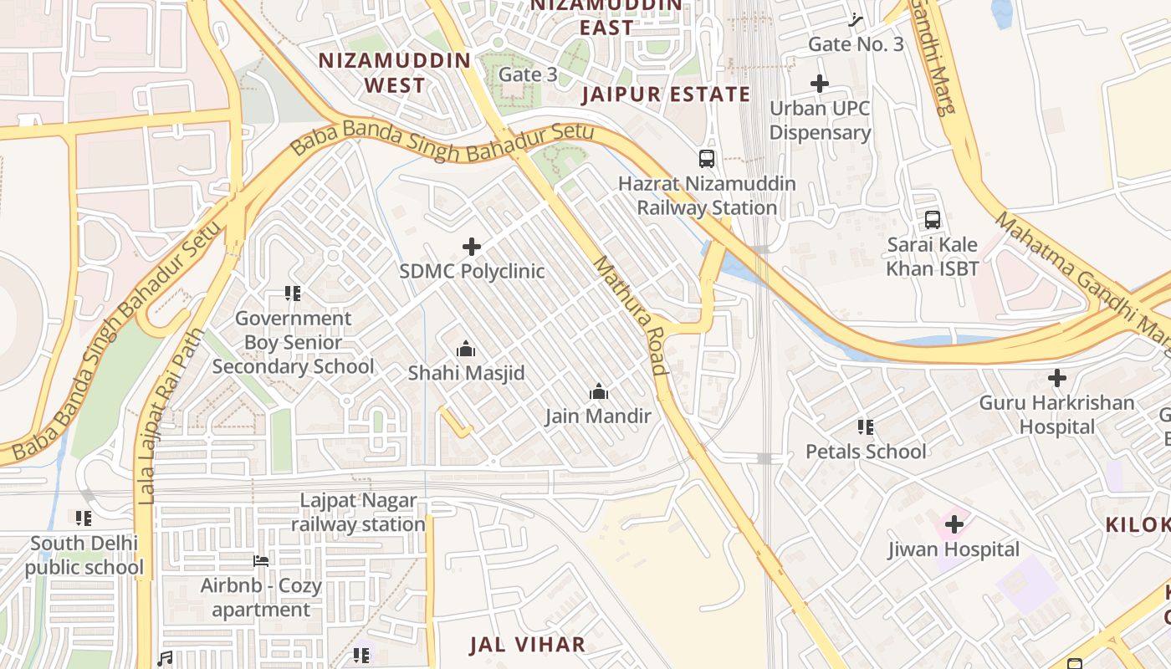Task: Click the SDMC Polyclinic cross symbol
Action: [x=472, y=247]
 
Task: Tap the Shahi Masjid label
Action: [x=466, y=373]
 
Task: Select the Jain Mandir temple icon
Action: [x=598, y=391]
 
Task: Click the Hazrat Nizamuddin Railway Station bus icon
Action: [x=707, y=159]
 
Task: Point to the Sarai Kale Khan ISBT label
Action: [x=933, y=257]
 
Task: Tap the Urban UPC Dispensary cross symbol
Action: [x=820, y=84]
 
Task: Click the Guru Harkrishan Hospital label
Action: [x=1057, y=415]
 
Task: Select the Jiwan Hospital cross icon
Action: [x=954, y=525]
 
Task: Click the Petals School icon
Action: [x=866, y=427]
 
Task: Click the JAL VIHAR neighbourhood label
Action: [x=527, y=645]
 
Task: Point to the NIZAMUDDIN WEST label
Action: [x=396, y=73]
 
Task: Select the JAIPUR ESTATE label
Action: [x=666, y=94]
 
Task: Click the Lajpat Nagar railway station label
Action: [x=359, y=513]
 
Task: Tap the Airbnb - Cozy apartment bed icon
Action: [x=261, y=561]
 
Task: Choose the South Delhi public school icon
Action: [x=84, y=518]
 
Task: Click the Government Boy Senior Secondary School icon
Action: [x=292, y=294]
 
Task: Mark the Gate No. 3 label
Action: [x=856, y=44]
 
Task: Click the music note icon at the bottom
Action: [x=166, y=659]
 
